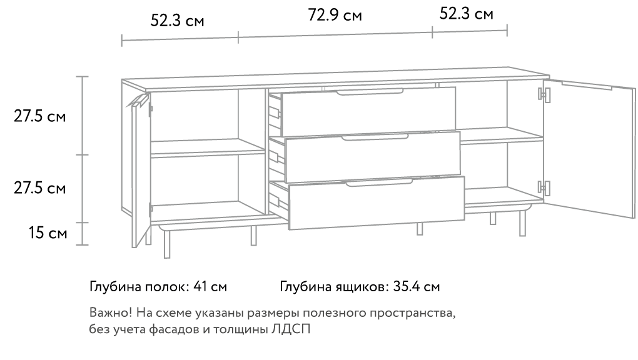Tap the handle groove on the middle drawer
click(375, 137)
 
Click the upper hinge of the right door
click(545, 94)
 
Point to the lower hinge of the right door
click(545, 187)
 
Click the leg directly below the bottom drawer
click(420, 228)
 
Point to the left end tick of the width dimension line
click(121, 41)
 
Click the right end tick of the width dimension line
click(507, 30)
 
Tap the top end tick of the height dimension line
click(82, 77)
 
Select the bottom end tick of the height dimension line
click(82, 244)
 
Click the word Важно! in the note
click(109, 312)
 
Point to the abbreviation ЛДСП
click(293, 329)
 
